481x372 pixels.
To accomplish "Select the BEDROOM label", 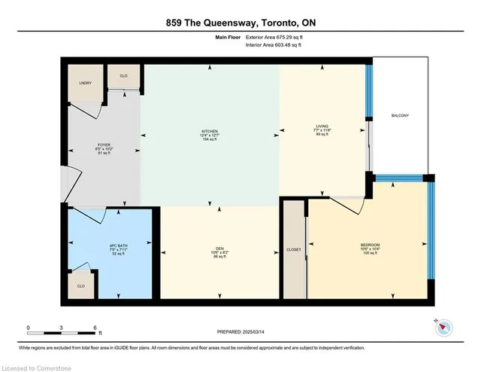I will [369, 245].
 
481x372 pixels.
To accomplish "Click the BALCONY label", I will [400, 115].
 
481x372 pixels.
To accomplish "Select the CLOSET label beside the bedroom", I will [294, 249].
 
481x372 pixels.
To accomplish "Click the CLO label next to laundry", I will [123, 76].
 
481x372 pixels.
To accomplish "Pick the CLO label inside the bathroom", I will [80, 286].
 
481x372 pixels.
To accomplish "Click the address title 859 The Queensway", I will [240, 23].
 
